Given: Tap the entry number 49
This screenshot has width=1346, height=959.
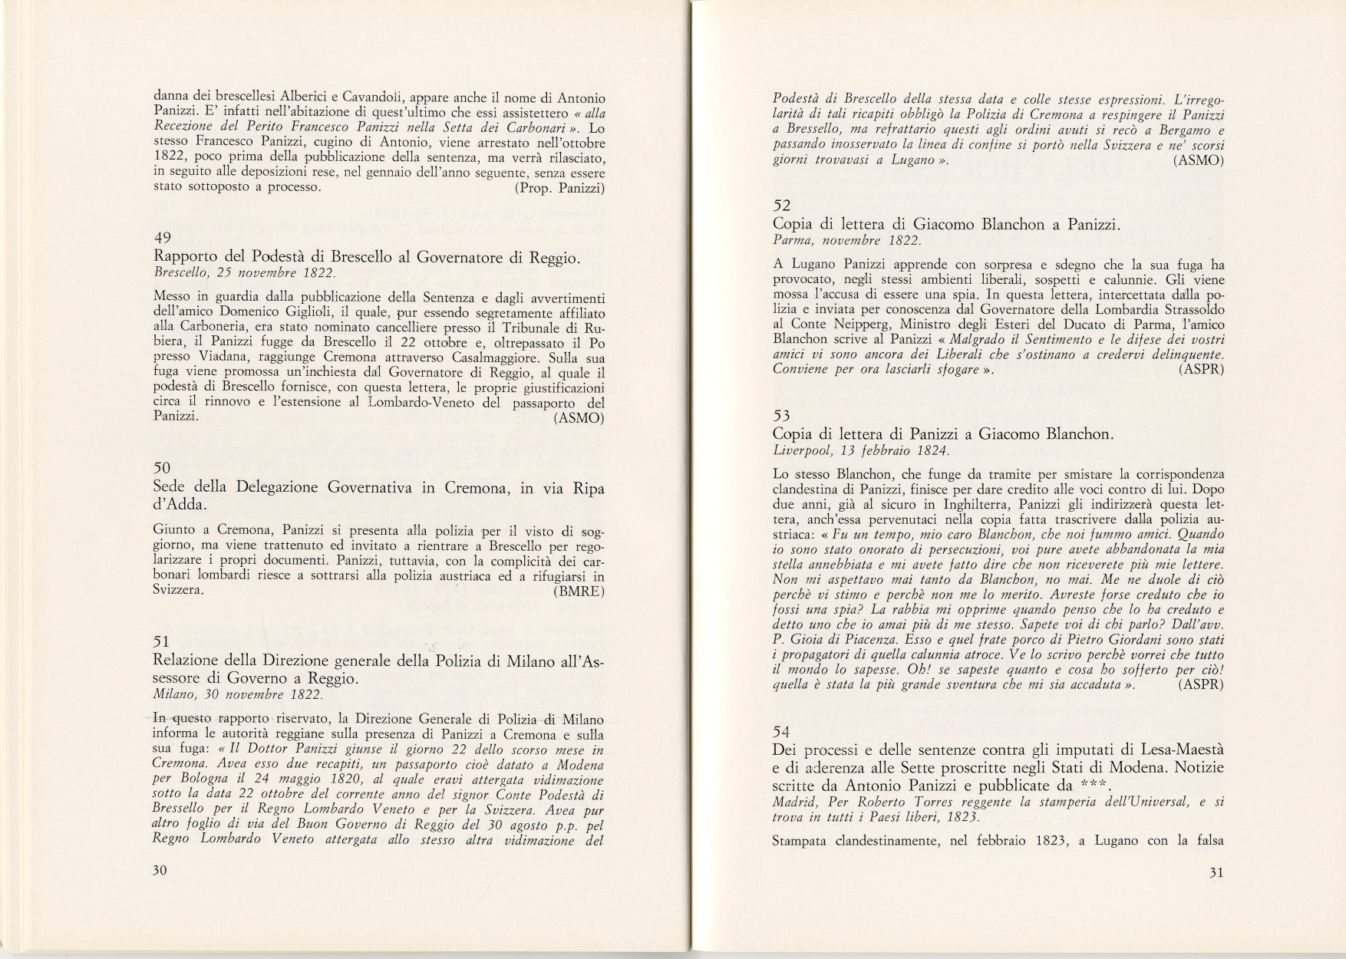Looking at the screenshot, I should [162, 238].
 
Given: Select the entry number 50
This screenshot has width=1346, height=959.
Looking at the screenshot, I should [162, 467].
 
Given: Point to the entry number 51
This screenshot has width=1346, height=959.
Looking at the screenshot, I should [161, 641].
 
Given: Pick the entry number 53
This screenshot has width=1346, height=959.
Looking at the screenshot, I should [781, 416].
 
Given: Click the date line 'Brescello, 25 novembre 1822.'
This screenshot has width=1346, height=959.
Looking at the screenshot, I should [244, 273].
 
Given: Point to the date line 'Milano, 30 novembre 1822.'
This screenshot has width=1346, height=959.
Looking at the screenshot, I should [238, 694].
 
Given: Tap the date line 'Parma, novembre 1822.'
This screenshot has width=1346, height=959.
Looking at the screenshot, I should [847, 240].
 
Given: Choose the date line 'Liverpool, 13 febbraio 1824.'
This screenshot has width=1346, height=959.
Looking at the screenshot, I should [861, 451].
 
